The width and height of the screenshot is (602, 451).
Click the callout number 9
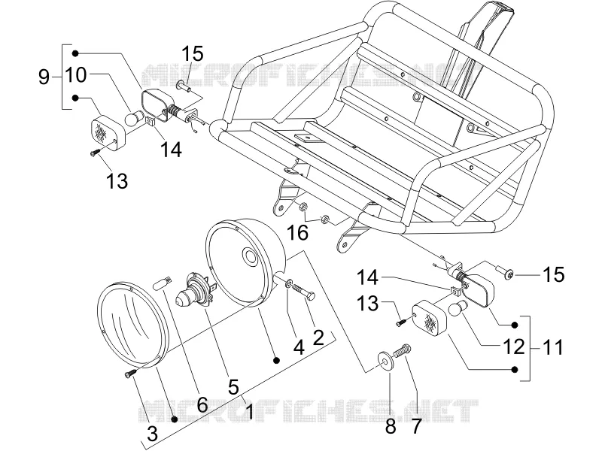pos(44,77)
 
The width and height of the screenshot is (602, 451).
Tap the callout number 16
pos(297,232)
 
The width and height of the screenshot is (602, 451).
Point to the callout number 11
pos(553,348)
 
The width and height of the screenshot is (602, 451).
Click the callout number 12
pos(513,347)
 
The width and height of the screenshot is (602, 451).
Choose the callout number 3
pos(153,434)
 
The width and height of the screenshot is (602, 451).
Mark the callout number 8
pos(391,425)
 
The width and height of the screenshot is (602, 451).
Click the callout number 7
pos(416,425)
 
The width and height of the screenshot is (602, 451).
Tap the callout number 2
pos(318,337)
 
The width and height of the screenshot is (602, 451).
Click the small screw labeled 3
pos(129,374)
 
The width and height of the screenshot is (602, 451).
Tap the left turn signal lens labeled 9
pos(108,134)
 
